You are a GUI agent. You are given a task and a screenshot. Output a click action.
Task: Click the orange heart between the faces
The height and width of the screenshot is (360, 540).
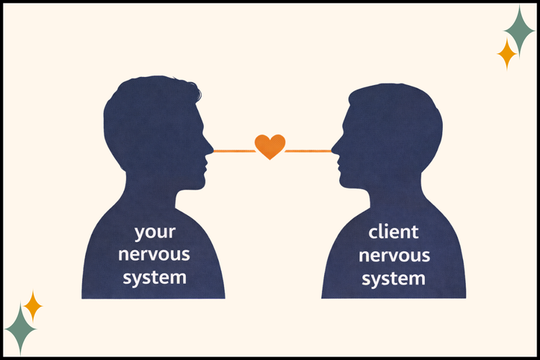[270, 146]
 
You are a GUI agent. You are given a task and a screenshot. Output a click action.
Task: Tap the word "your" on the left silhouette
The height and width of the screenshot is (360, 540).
[155, 232]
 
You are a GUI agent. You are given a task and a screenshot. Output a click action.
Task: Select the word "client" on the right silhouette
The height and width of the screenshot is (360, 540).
[393, 232]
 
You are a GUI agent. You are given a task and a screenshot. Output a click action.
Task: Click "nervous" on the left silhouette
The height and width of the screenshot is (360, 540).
[154, 255]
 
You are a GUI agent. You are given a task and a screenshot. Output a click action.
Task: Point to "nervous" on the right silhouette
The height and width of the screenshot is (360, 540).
[395, 256]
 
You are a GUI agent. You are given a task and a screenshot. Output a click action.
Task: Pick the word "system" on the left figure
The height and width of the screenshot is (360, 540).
[155, 278]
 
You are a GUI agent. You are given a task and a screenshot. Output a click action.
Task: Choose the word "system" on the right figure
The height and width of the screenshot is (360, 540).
[393, 279]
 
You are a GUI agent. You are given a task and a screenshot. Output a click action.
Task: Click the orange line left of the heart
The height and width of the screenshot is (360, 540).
[235, 150]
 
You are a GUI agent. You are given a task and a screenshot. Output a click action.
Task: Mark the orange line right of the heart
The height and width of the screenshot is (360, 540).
[308, 151]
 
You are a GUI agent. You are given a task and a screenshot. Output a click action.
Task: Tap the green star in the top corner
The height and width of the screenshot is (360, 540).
[519, 30]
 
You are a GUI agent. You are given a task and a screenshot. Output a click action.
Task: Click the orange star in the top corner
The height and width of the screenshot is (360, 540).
[507, 54]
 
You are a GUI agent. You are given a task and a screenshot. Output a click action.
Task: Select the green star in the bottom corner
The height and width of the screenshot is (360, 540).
[20, 329]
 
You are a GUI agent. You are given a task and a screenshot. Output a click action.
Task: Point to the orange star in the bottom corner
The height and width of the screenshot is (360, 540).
[33, 306]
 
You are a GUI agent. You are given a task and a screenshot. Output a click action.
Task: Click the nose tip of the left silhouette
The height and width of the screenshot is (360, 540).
[213, 150]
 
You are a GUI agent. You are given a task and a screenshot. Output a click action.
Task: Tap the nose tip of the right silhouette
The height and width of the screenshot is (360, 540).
[332, 150]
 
